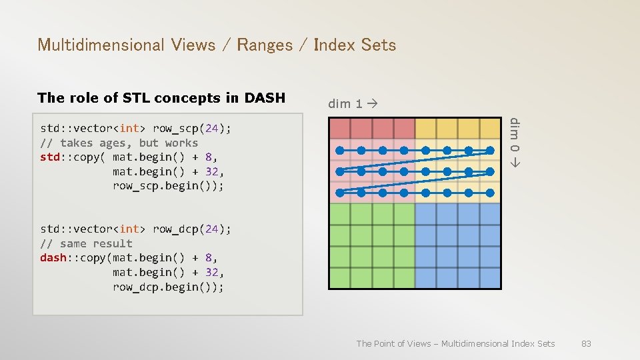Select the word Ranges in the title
[x=265, y=45]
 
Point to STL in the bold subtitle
[x=133, y=98]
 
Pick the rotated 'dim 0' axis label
[x=514, y=142]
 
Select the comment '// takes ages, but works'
[x=119, y=143]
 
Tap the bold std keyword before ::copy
[x=51, y=157]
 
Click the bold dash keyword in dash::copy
[x=53, y=257]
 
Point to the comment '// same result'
[x=86, y=243]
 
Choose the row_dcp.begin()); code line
[x=168, y=287]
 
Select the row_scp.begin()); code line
[x=168, y=185]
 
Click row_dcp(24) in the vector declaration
[x=192, y=229]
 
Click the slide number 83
[x=586, y=343]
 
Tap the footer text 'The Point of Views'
[x=393, y=343]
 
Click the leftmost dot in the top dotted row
[x=340, y=150]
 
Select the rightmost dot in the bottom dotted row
[x=490, y=193]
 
